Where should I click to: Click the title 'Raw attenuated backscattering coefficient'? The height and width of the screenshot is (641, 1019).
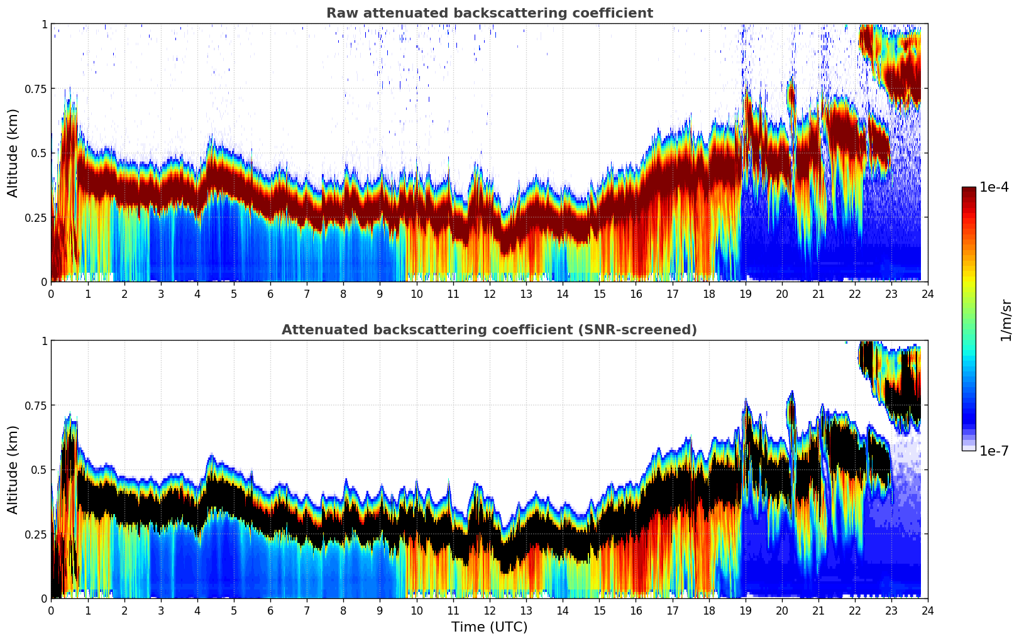tap(489, 13)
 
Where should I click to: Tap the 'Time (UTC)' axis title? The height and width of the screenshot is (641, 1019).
tap(489, 627)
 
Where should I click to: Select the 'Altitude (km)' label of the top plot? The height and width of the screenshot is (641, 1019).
tap(13, 153)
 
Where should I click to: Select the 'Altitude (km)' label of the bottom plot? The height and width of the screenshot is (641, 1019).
tap(13, 469)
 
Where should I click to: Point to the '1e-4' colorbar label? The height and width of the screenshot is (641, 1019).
tap(994, 187)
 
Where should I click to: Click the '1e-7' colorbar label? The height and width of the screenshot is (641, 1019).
tap(994, 451)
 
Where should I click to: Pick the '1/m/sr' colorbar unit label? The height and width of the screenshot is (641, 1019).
tap(1006, 320)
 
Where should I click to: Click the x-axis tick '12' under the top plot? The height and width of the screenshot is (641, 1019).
tap(489, 293)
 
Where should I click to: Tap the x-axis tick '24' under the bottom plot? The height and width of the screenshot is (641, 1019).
tap(927, 610)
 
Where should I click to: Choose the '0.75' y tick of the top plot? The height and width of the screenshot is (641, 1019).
tap(36, 89)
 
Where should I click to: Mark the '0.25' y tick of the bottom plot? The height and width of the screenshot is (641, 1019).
tap(36, 534)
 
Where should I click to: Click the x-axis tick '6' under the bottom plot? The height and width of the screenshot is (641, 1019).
tap(270, 610)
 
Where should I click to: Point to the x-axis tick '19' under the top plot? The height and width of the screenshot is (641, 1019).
tap(745, 293)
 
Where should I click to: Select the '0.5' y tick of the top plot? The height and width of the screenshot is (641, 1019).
tap(39, 153)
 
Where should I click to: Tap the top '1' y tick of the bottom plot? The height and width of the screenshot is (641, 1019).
tap(44, 341)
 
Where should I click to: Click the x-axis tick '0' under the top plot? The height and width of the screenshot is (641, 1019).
tap(52, 293)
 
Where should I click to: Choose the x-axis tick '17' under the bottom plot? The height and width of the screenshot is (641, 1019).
tap(672, 610)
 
